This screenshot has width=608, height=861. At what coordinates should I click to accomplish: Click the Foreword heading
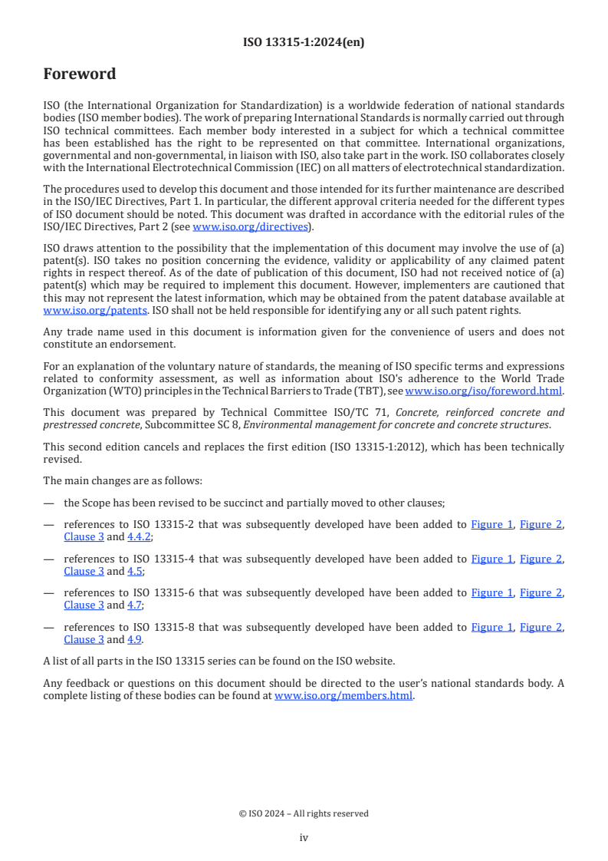(79, 74)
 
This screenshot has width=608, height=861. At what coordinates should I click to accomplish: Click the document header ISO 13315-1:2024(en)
(304, 42)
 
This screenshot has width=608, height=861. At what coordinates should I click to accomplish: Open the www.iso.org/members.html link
(343, 696)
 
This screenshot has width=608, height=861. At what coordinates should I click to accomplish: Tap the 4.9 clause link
(134, 639)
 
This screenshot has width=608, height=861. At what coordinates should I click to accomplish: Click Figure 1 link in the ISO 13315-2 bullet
(491, 525)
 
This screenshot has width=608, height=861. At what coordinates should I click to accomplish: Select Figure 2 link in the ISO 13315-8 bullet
(541, 627)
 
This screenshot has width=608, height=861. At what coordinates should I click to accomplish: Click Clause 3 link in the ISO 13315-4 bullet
(84, 571)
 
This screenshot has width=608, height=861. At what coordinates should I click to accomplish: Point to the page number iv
(304, 838)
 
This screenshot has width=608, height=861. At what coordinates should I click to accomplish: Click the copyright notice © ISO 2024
(304, 813)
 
